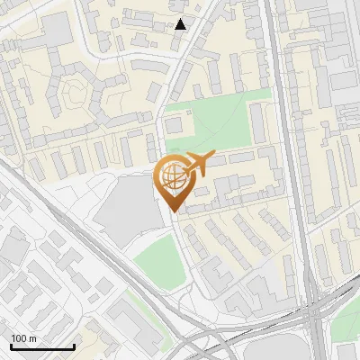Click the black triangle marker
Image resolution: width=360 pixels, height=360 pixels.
tap(181, 24)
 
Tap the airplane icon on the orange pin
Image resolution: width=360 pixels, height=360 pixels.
tap(197, 165)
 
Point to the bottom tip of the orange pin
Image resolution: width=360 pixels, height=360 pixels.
tap(173, 212)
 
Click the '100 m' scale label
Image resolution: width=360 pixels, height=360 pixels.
tap(23, 338)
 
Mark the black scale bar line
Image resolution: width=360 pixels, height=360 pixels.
tap(42, 346)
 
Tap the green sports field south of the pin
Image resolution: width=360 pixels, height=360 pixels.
tap(159, 262)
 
